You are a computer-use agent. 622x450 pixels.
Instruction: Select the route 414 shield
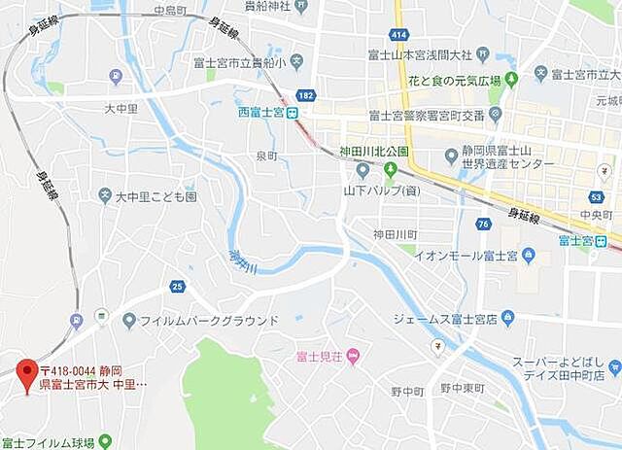[397, 34]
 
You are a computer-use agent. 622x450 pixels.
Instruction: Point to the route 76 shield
[484, 225]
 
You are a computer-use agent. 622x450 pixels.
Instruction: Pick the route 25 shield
[176, 286]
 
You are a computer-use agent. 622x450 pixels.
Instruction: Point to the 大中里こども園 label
[155, 196]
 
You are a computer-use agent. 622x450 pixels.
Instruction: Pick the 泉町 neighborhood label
[265, 156]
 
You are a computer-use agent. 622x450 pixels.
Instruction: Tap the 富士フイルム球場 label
[48, 443]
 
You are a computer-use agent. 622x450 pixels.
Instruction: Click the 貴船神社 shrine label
[269, 6]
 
